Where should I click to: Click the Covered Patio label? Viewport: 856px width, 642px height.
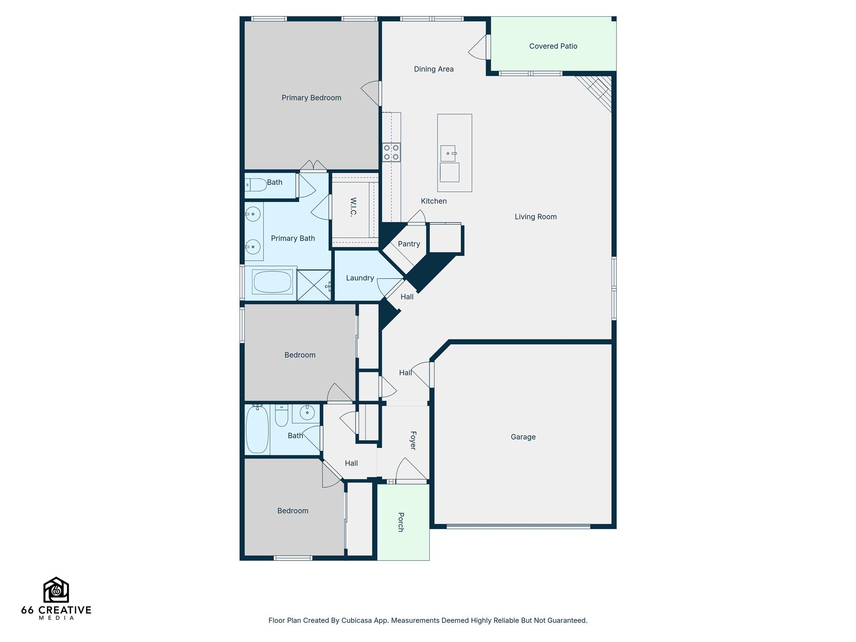[x=553, y=46]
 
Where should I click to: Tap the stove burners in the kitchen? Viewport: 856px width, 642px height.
[x=391, y=152]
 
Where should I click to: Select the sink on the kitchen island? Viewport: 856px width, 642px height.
[x=448, y=153]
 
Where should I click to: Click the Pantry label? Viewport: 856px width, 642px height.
[x=409, y=244]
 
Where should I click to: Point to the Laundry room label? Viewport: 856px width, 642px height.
[x=359, y=278]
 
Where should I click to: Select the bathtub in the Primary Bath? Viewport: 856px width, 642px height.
[x=272, y=282]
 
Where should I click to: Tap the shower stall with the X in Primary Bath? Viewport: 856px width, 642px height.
[x=313, y=285]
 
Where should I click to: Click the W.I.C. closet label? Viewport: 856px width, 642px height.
[x=353, y=207]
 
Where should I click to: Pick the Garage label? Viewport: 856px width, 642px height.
[x=523, y=437]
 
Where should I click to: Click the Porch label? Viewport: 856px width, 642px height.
[x=400, y=522]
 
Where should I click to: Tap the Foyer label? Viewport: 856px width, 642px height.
[x=413, y=441]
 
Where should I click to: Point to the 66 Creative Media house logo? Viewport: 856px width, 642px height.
[x=56, y=590]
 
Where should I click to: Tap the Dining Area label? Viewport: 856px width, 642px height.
[x=433, y=69]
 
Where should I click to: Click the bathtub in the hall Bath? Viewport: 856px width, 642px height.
[x=257, y=430]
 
